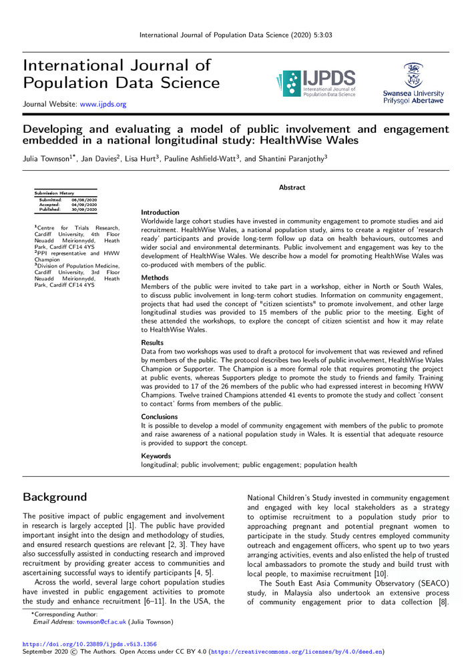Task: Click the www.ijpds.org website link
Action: tap(103, 104)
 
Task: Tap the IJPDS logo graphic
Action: tap(314, 83)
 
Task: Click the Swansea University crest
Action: tap(413, 74)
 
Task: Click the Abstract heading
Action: tap(292, 188)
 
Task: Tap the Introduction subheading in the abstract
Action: tap(160, 212)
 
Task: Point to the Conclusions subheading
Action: tap(159, 416)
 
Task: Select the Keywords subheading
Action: tap(156, 456)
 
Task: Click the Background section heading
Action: tap(55, 497)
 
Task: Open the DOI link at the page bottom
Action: tap(89, 644)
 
